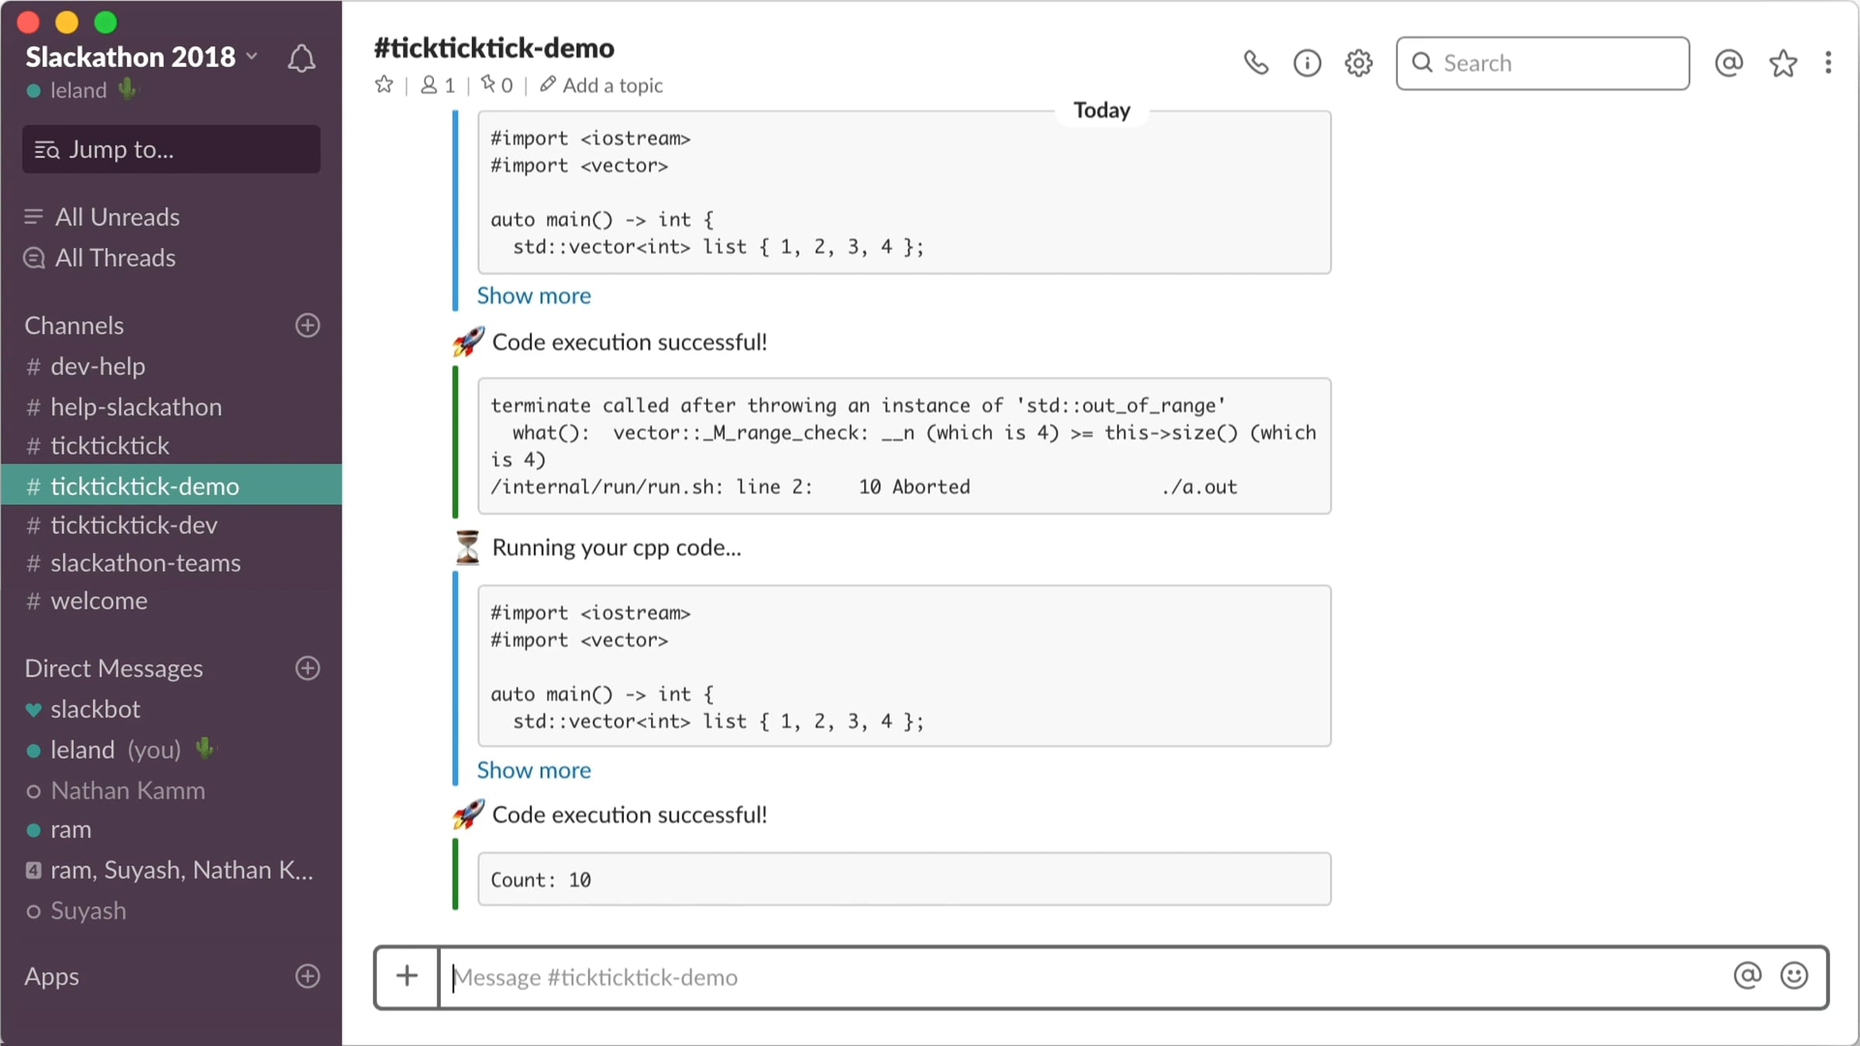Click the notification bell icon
coord(301,59)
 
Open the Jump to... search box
coord(171,150)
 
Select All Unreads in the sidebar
coord(117,217)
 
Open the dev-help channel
coord(98,366)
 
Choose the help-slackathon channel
coord(136,407)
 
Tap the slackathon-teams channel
coord(145,563)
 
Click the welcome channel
coord(98,601)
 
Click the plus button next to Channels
coord(308,325)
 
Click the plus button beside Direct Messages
coord(308,669)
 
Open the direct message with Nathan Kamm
coord(128,791)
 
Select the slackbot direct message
coord(95,710)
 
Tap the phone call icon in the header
coord(1255,63)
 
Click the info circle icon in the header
coord(1307,63)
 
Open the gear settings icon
coord(1359,63)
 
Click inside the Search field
coord(1543,64)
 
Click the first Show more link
coord(534,296)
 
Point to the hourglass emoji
coord(467,548)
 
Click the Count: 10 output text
coord(541,880)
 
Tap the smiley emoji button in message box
coord(1794,976)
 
